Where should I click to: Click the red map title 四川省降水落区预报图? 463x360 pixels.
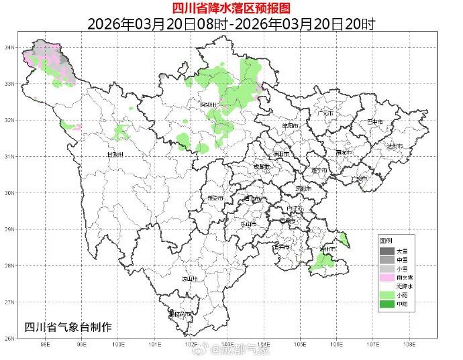(231, 8)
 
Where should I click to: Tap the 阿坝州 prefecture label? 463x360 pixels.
(209, 105)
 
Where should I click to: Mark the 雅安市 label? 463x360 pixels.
(217, 198)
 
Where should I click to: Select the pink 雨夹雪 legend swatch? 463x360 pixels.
(387, 277)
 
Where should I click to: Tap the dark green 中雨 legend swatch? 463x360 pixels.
(387, 304)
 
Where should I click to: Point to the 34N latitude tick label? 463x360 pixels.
(9, 48)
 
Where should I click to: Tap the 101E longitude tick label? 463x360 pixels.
(155, 345)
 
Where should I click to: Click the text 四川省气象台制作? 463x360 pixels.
(68, 326)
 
